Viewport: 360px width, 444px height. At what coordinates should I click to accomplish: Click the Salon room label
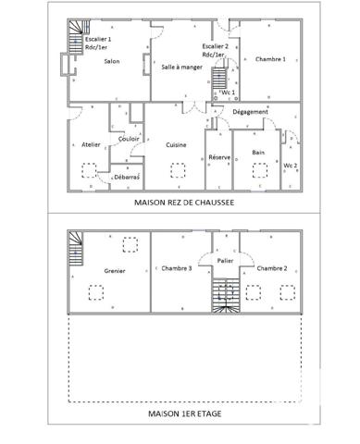111,62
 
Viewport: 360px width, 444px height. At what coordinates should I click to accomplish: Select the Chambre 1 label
270,58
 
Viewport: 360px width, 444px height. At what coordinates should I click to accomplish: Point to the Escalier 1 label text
97,41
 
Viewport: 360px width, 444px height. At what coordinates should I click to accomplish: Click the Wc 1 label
228,93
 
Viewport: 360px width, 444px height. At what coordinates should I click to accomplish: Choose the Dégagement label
250,111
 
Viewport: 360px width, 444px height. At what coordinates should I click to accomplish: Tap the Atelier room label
91,146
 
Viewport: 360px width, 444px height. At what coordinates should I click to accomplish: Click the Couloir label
129,139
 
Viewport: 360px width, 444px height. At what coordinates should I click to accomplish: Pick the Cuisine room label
178,146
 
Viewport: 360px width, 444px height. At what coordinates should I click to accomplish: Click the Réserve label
219,158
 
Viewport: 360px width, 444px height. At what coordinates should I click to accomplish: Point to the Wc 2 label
290,165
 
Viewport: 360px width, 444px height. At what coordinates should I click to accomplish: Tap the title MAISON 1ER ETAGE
184,414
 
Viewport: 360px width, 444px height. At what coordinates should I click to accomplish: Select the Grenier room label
115,270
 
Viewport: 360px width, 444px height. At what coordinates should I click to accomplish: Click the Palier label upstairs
224,261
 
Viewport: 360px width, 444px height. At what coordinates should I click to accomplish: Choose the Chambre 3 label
176,268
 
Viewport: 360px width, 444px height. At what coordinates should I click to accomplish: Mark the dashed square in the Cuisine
179,168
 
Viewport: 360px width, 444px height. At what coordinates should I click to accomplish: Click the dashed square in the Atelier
90,168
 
